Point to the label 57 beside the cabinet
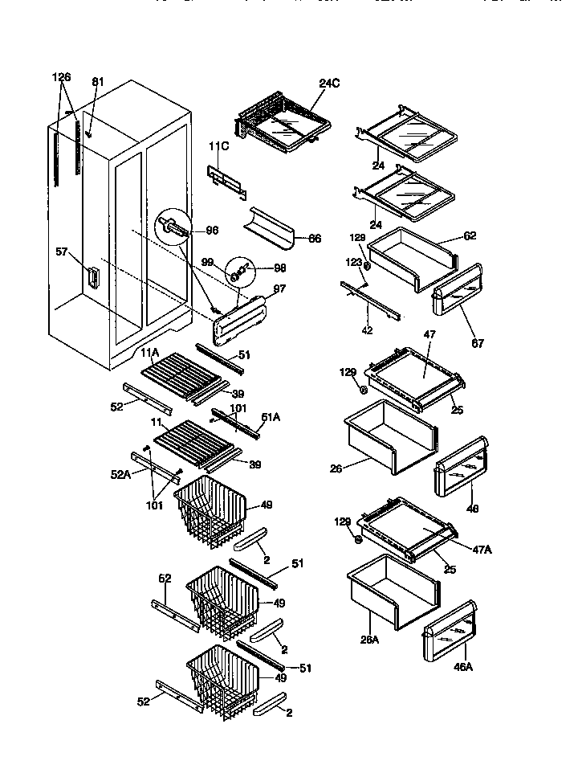click(61, 252)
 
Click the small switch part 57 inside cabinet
click(92, 276)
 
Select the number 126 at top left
click(62, 77)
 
